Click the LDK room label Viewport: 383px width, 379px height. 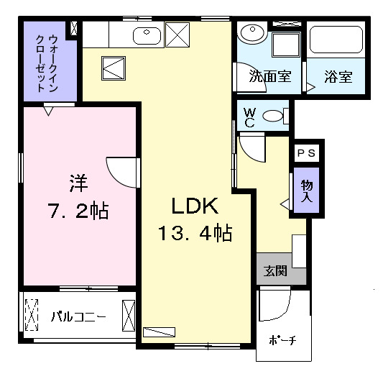click(193, 206)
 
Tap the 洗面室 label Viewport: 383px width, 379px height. click(269, 77)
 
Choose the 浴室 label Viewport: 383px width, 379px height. click(338, 77)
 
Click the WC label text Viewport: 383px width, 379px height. click(249, 117)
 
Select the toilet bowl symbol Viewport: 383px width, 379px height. click(273, 116)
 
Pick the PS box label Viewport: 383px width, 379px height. click(306, 152)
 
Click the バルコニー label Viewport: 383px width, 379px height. click(78, 315)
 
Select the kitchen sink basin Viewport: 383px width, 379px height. click(147, 33)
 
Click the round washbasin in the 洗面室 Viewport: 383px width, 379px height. click(252, 32)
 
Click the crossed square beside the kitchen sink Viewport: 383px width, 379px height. click(176, 33)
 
